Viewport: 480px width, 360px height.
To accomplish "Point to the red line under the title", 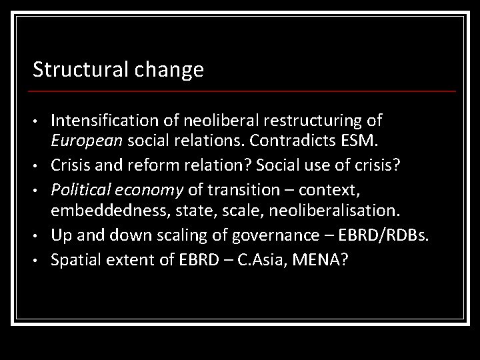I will pyautogui.click(x=244, y=91).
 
